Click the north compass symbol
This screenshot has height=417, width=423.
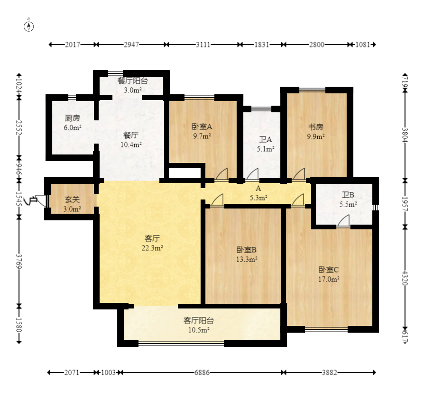tap(29, 27)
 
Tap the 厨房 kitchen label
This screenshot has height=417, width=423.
tap(72, 118)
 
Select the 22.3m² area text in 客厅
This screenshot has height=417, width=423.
tap(152, 248)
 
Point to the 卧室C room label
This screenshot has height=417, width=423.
tap(329, 270)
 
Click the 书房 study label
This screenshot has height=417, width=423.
tap(316, 127)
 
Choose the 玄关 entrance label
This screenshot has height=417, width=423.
tap(72, 200)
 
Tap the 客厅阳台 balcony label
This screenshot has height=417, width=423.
tap(199, 320)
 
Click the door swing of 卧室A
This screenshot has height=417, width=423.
tap(221, 174)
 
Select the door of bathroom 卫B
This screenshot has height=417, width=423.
tap(343, 221)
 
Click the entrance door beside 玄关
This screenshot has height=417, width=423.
tap(40, 200)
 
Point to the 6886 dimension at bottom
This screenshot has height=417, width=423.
tap(202, 372)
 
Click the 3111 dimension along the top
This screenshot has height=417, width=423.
tap(203, 45)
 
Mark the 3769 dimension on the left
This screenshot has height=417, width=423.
tap(19, 261)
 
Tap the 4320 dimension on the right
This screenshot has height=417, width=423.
tap(405, 278)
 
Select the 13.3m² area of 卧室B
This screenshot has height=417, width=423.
tap(247, 259)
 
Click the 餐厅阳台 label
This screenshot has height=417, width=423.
tap(133, 81)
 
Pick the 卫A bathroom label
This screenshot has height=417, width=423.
tap(266, 139)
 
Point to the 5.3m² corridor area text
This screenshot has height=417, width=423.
tap(258, 198)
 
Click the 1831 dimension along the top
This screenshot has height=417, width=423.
tap(261, 45)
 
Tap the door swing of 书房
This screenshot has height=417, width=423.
tap(299, 174)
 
